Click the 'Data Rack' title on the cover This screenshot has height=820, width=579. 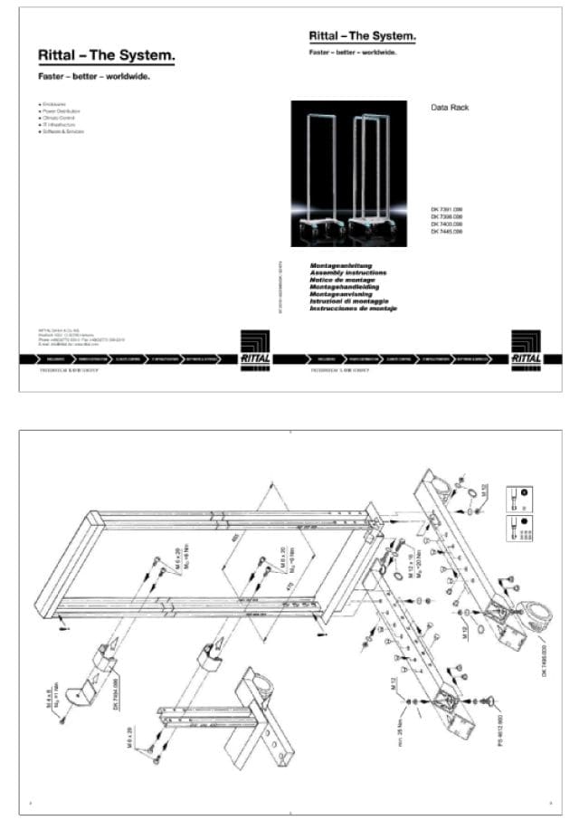449,108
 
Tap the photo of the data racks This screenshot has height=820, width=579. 348,173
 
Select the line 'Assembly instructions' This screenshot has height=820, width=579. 348,272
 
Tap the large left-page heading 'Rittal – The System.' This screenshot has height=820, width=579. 106,56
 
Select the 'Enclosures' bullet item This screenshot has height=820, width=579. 56,105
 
